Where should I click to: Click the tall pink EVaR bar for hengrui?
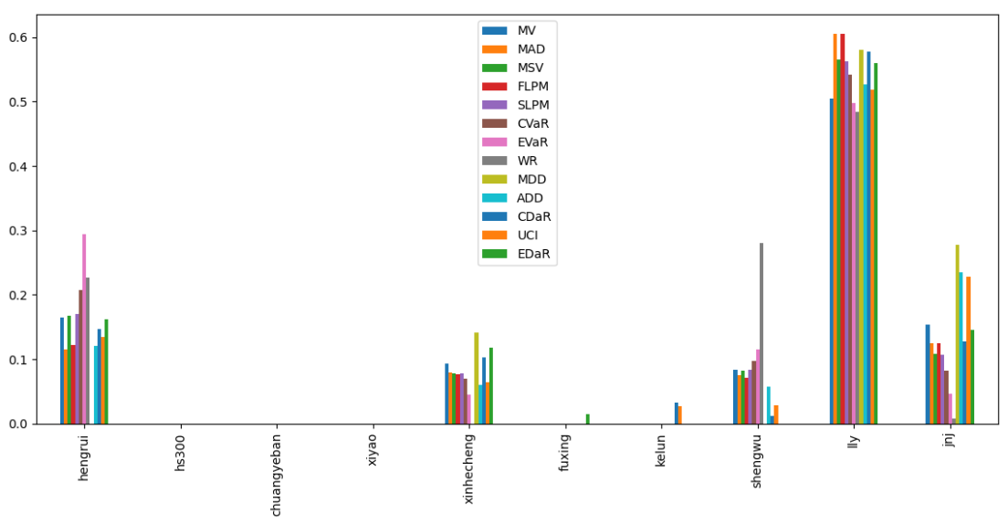[84, 329]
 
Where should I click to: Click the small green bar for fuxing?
[588, 419]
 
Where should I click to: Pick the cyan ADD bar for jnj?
[961, 348]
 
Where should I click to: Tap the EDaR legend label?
[533, 255]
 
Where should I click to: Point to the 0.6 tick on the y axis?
[16, 37]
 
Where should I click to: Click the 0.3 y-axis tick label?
[16, 231]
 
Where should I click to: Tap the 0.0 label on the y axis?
[16, 424]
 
